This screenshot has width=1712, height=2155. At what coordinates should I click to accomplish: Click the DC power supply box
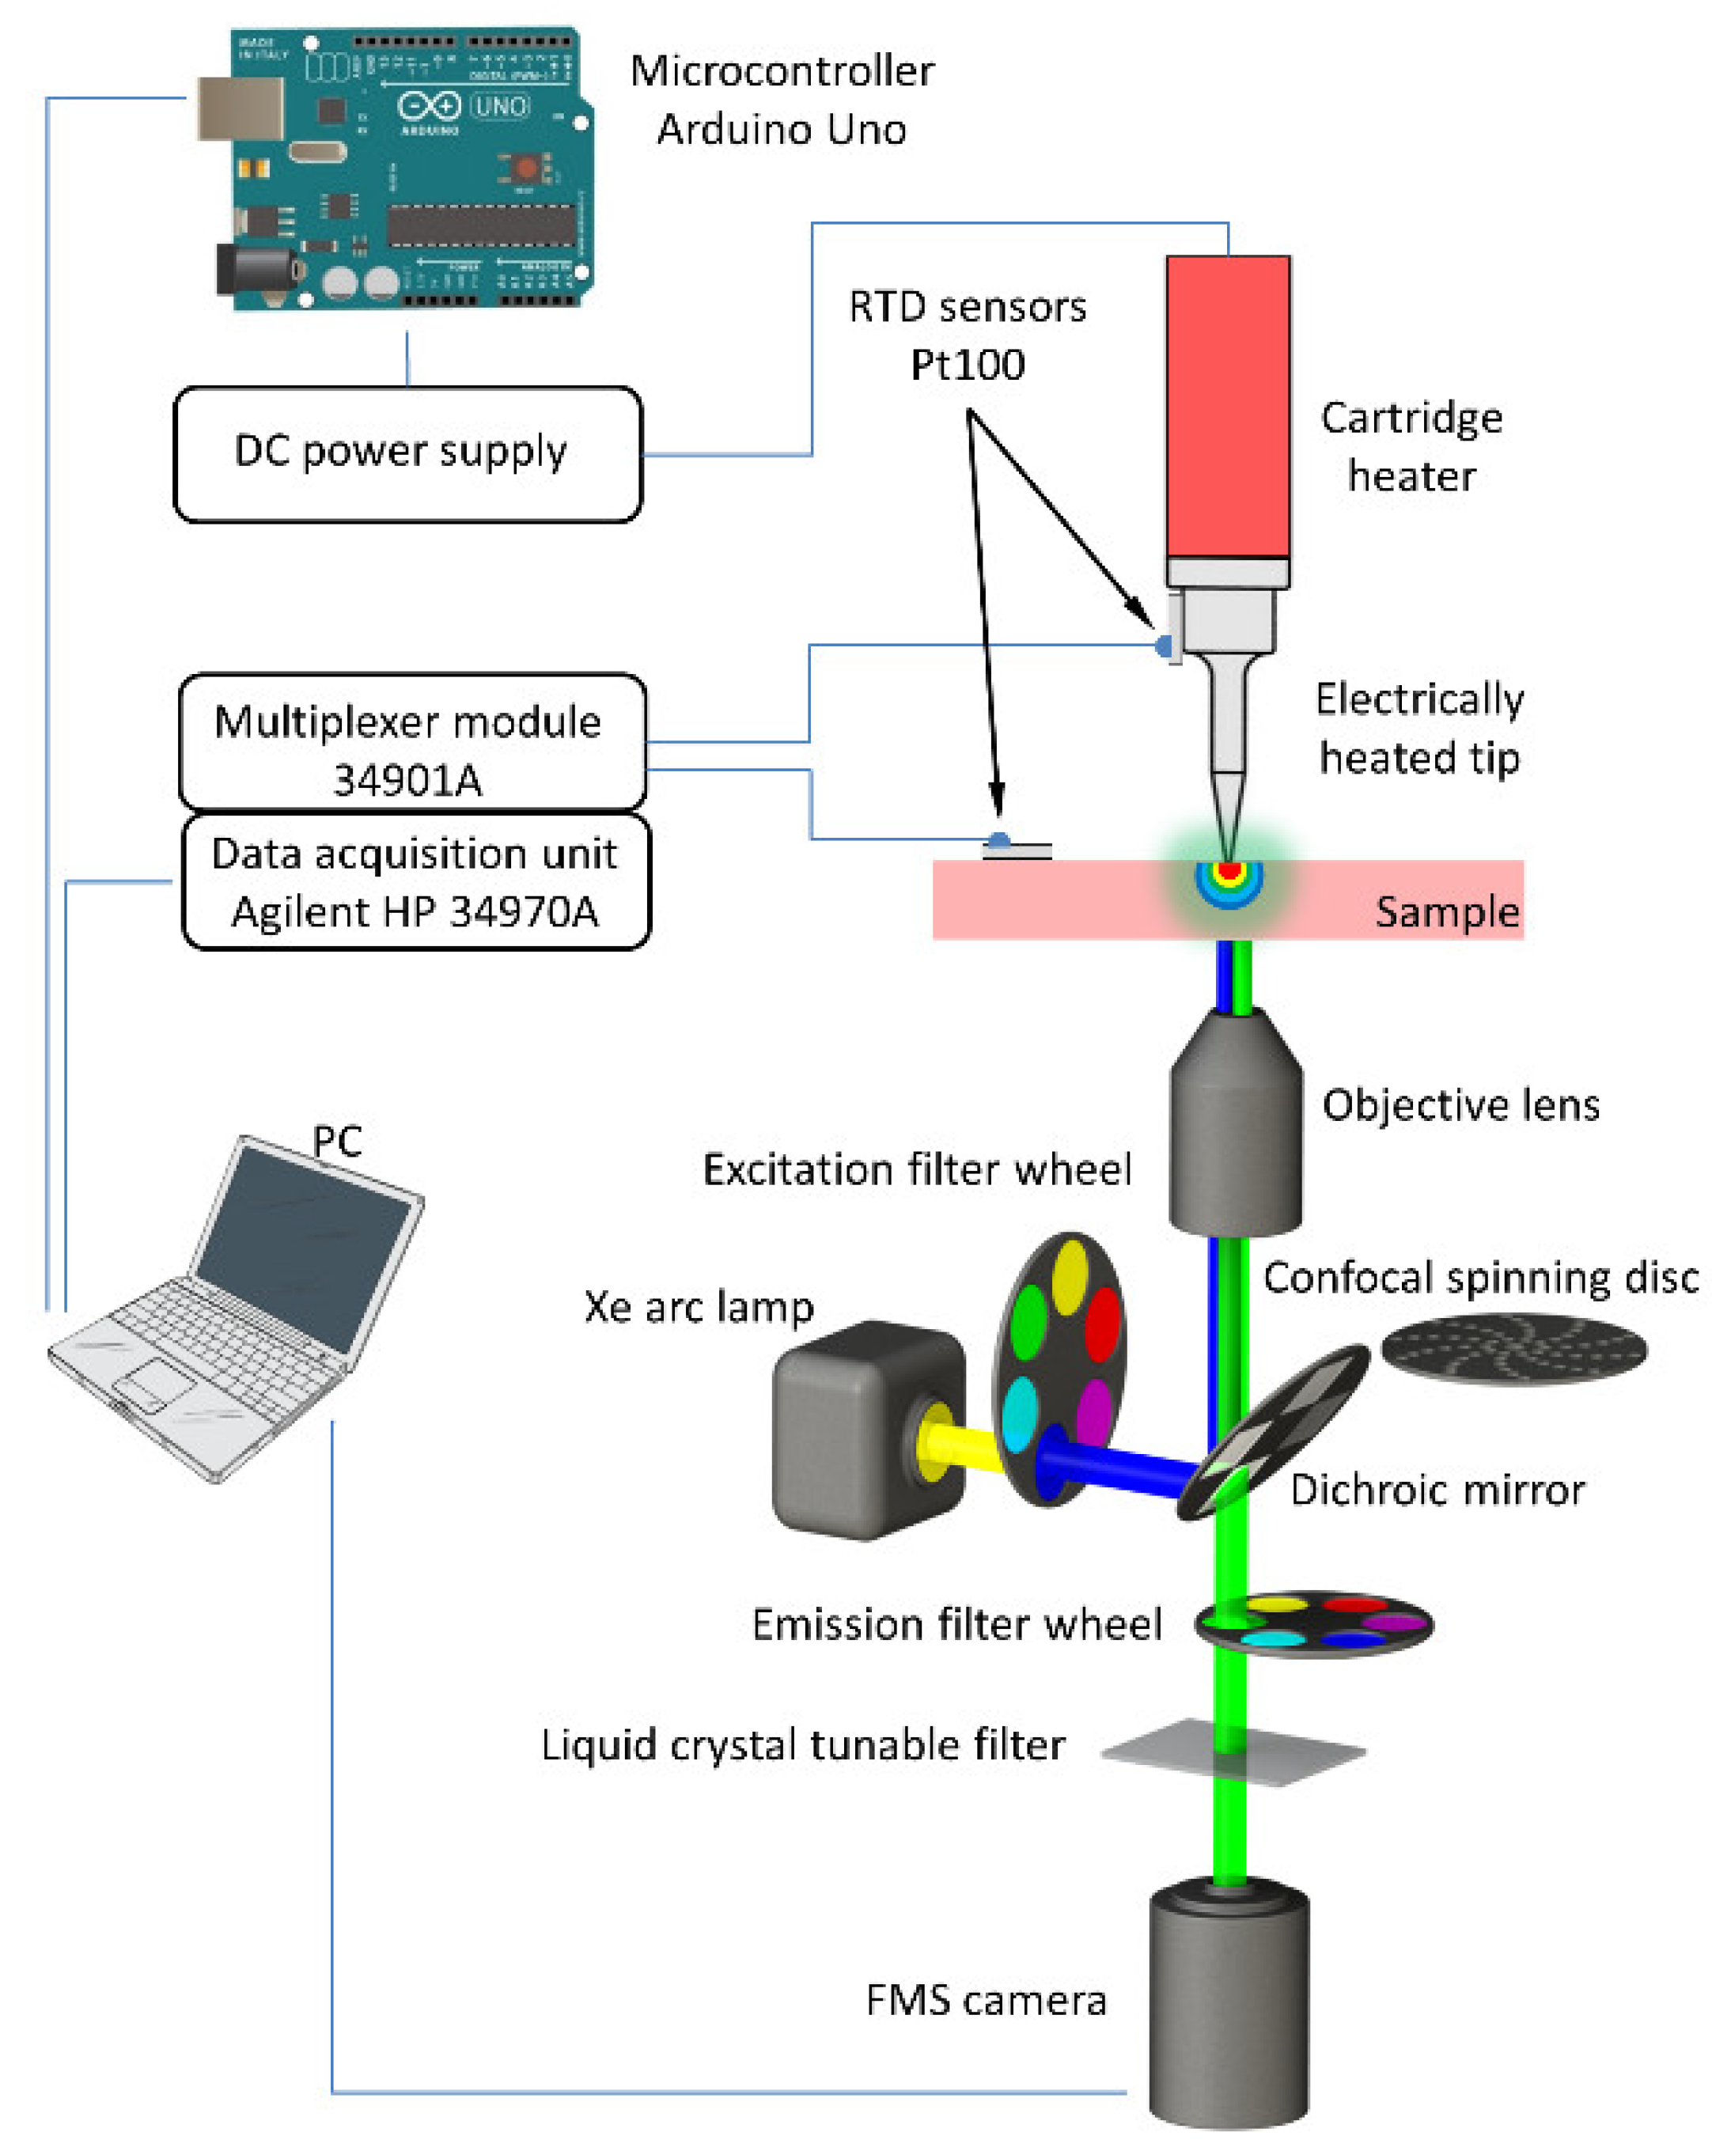pyautogui.click(x=407, y=455)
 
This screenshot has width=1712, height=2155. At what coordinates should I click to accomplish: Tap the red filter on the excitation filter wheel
pyautogui.click(x=1102, y=1324)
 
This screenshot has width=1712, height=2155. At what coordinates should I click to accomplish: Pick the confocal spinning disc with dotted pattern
pyautogui.click(x=1513, y=1350)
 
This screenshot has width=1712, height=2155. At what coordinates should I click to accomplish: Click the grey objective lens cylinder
pyautogui.click(x=1235, y=1124)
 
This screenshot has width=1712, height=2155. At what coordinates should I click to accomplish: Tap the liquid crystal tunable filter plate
pyautogui.click(x=1234, y=1752)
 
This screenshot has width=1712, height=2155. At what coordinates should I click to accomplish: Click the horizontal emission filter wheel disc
pyautogui.click(x=1313, y=1624)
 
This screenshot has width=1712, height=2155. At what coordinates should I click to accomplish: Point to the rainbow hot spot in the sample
pyautogui.click(x=1229, y=877)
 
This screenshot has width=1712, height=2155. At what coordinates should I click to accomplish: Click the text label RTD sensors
pyautogui.click(x=967, y=307)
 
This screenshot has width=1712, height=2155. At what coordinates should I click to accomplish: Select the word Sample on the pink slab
pyautogui.click(x=1445, y=911)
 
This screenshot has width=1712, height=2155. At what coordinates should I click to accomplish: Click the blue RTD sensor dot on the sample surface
pyautogui.click(x=998, y=841)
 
